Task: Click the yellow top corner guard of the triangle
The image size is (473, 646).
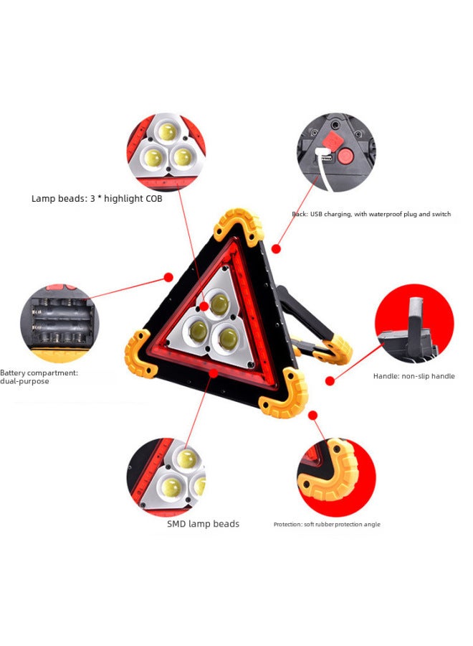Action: [239, 223]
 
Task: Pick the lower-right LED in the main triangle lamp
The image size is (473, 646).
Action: [228, 337]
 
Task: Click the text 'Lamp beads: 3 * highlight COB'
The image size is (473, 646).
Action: [97, 199]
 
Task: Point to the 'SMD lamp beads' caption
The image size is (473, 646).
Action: [204, 524]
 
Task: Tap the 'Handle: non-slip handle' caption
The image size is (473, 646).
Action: [414, 376]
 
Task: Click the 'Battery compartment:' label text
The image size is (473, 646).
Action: [39, 373]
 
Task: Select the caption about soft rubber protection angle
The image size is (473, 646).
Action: [327, 525]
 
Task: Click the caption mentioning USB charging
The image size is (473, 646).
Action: [371, 215]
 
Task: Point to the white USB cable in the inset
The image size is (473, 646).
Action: [322, 171]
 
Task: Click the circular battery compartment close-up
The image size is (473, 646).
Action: [59, 323]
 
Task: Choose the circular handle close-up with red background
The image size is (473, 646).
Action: [414, 323]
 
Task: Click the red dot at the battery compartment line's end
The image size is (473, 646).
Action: [168, 277]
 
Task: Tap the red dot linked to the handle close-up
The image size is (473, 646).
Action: [330, 380]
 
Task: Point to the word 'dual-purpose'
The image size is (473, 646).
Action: [24, 381]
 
